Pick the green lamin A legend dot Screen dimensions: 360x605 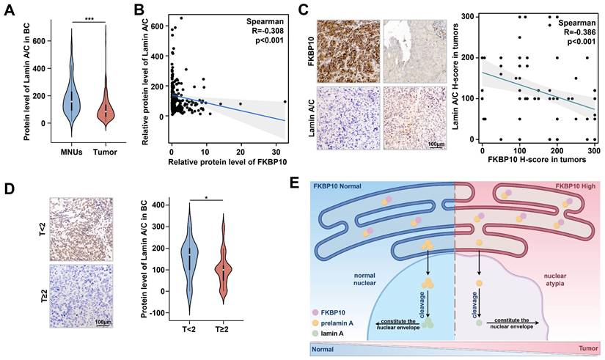click(314, 332)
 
